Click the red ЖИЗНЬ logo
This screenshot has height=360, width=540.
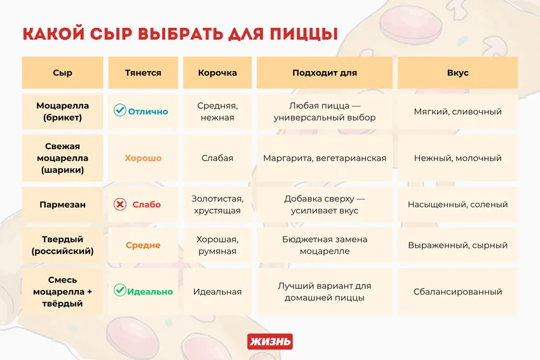[x=269, y=342]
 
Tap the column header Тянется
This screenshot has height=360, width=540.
[x=143, y=73]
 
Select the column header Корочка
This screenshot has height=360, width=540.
[x=217, y=73]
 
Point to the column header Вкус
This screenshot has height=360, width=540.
[x=457, y=73]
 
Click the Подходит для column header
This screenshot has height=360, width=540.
[x=324, y=73]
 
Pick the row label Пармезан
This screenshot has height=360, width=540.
[x=62, y=204]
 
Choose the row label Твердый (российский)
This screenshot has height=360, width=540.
[x=62, y=245]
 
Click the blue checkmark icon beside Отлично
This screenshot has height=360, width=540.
[x=119, y=110]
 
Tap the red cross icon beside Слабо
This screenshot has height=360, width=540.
[x=119, y=204]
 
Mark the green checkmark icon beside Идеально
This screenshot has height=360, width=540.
[x=119, y=291]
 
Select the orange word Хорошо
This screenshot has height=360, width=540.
[x=143, y=158]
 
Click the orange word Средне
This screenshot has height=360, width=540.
[x=143, y=245]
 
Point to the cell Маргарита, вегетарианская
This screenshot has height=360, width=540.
[x=324, y=158]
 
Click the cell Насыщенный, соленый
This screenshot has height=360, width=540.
[x=457, y=204]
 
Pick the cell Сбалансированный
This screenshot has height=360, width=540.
[x=457, y=291]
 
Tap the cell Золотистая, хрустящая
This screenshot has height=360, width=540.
[x=217, y=204]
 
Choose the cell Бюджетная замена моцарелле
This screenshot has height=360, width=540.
[x=324, y=245]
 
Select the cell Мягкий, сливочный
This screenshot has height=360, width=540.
[x=457, y=111]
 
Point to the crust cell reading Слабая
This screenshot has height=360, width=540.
[x=217, y=158]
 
